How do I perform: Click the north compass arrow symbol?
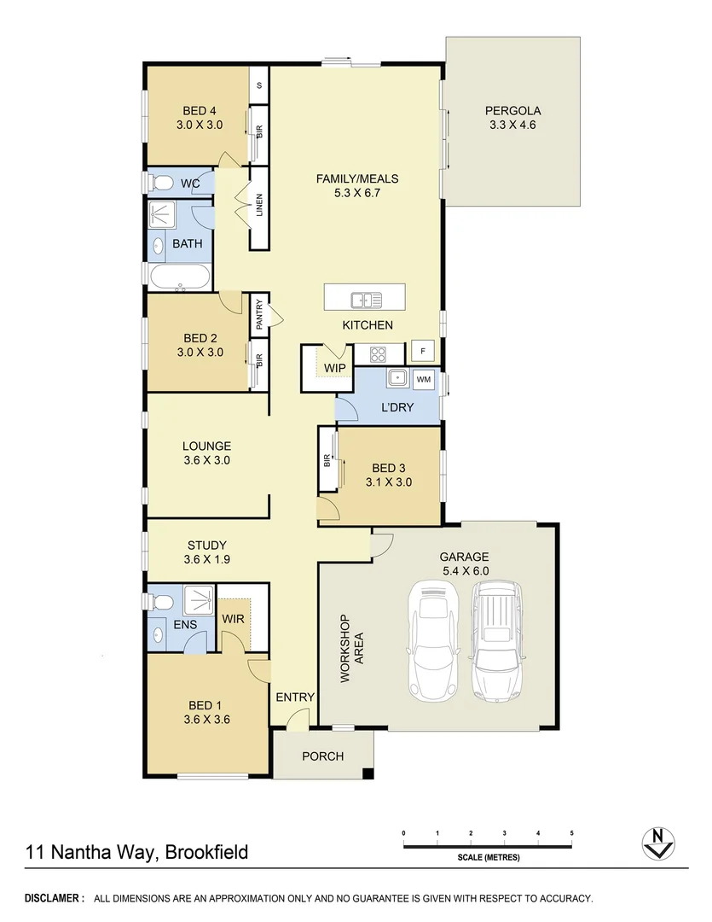tap(657, 843)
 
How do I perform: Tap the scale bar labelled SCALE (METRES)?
tap(488, 846)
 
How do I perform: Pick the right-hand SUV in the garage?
tap(497, 640)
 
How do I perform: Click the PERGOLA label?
tap(512, 110)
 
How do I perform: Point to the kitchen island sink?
tap(366, 300)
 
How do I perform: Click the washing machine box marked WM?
tap(424, 378)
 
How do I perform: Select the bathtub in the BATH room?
tap(178, 277)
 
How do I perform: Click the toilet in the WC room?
tap(159, 182)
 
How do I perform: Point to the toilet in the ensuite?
tap(159, 602)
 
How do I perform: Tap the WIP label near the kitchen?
tap(334, 369)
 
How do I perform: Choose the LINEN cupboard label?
tap(259, 207)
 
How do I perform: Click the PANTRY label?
tap(259, 314)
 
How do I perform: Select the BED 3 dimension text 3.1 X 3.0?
tap(388, 481)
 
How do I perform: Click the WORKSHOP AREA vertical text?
tap(351, 649)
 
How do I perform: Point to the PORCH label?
tap(323, 756)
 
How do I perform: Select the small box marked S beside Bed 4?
tap(259, 85)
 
